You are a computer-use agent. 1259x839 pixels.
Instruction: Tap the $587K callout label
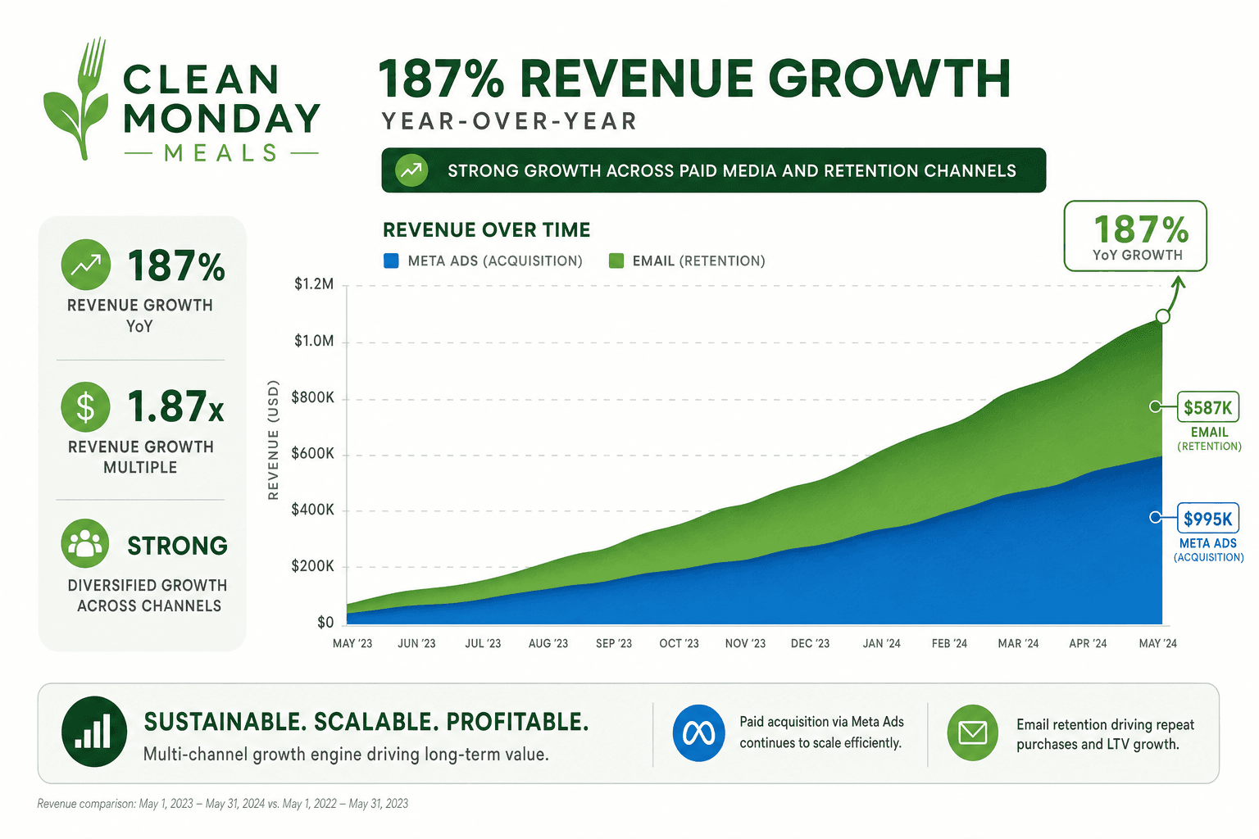click(x=1208, y=407)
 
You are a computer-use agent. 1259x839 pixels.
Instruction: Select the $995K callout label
click(x=1208, y=518)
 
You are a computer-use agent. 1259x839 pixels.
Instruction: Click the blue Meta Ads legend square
click(x=391, y=261)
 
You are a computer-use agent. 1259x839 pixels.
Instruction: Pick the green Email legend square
click(x=616, y=261)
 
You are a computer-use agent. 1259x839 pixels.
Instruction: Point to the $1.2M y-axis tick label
click(x=314, y=284)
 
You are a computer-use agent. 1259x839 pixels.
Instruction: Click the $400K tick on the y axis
click(x=312, y=510)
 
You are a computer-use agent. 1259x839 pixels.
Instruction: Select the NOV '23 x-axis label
click(x=745, y=643)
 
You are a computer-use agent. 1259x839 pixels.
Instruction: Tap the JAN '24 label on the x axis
click(x=881, y=643)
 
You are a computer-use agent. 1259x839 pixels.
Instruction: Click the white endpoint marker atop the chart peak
click(x=1163, y=316)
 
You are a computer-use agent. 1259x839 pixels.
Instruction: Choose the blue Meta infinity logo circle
click(x=698, y=732)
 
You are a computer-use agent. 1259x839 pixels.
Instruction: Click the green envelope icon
click(x=972, y=732)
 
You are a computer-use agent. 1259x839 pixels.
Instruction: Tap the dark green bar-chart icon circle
click(x=94, y=732)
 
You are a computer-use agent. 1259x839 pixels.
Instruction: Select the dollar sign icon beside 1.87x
click(x=85, y=407)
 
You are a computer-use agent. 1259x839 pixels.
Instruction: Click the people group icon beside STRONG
click(x=85, y=543)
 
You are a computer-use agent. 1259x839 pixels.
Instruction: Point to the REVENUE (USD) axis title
click(x=273, y=440)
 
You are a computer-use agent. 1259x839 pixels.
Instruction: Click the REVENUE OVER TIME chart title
click(x=487, y=230)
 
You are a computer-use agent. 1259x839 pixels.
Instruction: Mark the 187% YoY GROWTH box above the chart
click(x=1135, y=236)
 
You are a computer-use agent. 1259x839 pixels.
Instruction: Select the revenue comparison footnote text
click(x=223, y=804)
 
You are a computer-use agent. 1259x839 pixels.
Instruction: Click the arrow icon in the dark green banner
click(x=411, y=170)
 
